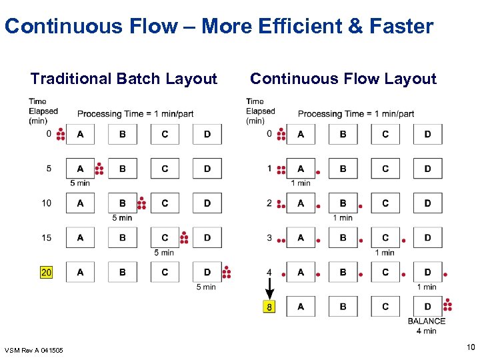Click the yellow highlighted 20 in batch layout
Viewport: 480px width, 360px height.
click(46, 272)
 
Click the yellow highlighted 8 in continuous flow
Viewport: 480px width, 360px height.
click(269, 307)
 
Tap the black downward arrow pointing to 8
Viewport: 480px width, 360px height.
click(269, 290)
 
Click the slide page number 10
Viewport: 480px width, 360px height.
click(471, 347)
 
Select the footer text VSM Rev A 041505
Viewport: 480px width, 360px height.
click(34, 350)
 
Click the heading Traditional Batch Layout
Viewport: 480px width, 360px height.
click(124, 79)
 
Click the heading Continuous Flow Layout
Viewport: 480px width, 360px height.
click(343, 79)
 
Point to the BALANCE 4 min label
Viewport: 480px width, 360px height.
click(427, 326)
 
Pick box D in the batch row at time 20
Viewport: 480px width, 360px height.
click(207, 272)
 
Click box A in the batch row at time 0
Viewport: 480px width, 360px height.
click(80, 134)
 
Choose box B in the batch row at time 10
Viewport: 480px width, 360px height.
click(123, 203)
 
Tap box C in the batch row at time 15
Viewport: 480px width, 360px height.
click(165, 237)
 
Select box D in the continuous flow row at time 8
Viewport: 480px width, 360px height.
click(427, 307)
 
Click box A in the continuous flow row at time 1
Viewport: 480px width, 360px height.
click(301, 169)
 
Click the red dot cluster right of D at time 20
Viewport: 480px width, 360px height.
click(227, 272)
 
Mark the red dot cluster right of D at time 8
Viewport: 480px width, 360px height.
click(447, 305)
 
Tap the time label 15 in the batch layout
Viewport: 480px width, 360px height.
click(47, 237)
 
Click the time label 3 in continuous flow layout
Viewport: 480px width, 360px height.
click(269, 237)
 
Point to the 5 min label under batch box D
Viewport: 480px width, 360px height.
click(206, 287)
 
